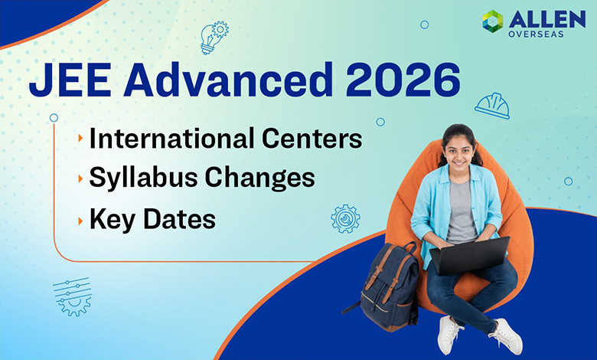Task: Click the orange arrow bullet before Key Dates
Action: click(80, 220)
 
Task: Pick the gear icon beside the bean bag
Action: click(345, 218)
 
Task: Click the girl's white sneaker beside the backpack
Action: click(448, 334)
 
